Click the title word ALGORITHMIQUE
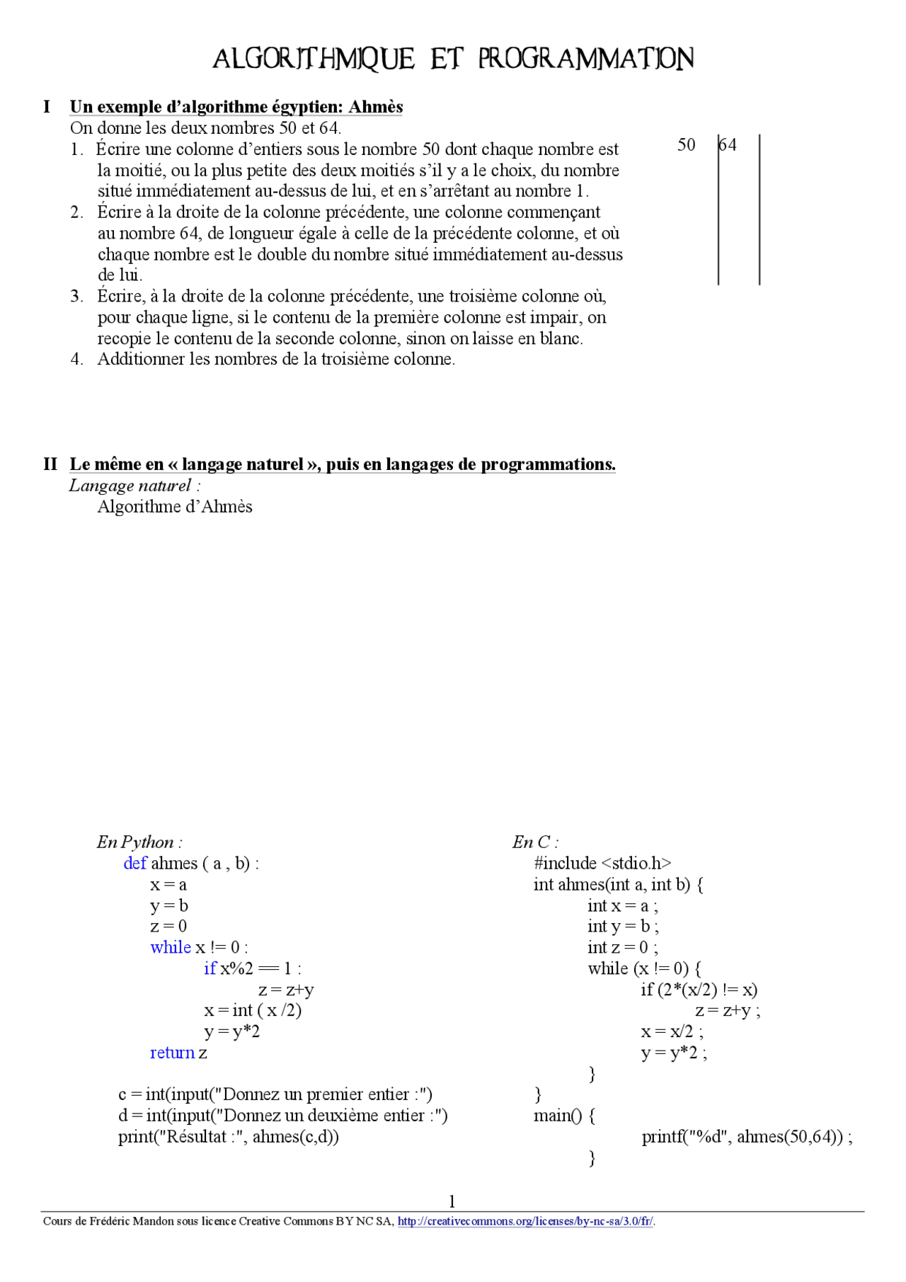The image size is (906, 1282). (x=313, y=59)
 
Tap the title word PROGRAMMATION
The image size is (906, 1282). (x=585, y=59)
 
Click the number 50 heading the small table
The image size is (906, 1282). (x=685, y=145)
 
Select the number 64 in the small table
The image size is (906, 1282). (x=728, y=145)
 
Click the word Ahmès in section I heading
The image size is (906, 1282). (x=375, y=107)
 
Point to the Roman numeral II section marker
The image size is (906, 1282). (x=50, y=464)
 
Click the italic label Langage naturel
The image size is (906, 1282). (x=130, y=486)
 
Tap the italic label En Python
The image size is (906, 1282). (x=139, y=842)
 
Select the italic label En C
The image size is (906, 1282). (x=534, y=842)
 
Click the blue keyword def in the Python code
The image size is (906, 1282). (x=134, y=863)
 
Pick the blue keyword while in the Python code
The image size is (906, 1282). (x=170, y=947)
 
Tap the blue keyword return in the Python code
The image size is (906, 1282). (x=172, y=1053)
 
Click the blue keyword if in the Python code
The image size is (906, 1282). (x=210, y=968)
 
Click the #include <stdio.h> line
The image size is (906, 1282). (x=602, y=863)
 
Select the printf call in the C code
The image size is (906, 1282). (x=746, y=1137)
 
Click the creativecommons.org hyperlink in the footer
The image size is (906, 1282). (x=525, y=1221)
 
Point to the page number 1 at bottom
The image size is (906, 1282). (x=452, y=1201)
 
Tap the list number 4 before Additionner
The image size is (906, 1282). (x=76, y=359)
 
